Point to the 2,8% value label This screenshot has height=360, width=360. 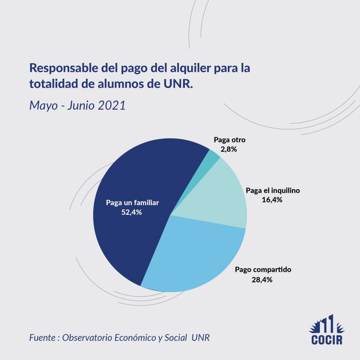tap(229, 149)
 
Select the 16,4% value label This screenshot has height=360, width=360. tap(272, 200)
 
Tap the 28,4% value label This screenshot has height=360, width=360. tap(263, 280)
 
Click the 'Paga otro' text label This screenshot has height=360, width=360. tap(230, 140)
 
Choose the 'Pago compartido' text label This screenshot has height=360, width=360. tap(263, 270)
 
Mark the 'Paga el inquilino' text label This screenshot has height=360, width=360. tap(273, 191)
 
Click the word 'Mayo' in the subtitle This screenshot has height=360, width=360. tap(41, 105)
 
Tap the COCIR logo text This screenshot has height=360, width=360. tap(327, 340)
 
